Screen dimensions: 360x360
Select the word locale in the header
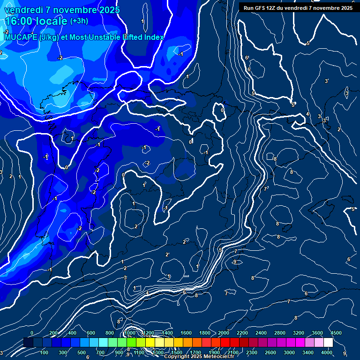tap(53, 21)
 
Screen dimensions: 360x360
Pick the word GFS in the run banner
tap(261, 8)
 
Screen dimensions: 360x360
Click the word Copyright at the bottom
tap(177, 357)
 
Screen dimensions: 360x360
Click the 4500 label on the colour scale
tap(336, 333)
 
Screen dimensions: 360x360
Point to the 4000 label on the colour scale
tap(327, 352)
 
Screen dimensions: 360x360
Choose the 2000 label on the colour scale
tap(224, 333)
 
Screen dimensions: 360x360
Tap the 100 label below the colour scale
tap(45, 352)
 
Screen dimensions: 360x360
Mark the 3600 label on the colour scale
tap(317, 333)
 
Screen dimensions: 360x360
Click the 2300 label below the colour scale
tap(252, 352)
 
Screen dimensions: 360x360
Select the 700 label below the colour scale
tap(101, 352)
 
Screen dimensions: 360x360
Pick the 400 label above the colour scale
tap(72, 333)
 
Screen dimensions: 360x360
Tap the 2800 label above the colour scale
tap(280, 333)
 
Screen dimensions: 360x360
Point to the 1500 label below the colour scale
tap(177, 352)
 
